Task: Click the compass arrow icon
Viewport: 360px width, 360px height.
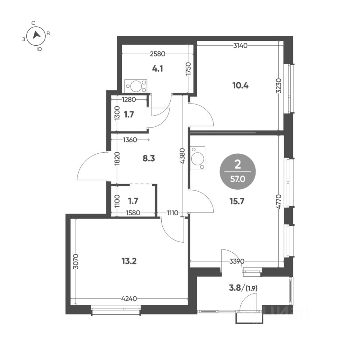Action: (x=36, y=35)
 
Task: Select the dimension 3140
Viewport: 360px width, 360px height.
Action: (x=240, y=46)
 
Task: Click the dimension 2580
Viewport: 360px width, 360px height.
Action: (x=157, y=54)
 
